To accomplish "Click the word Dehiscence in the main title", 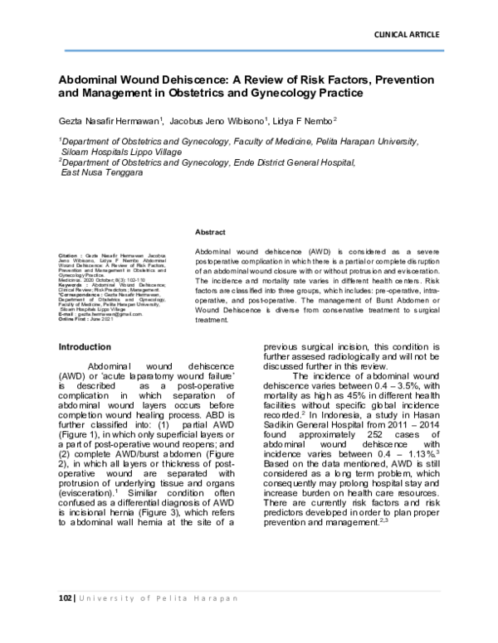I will tap(179, 79).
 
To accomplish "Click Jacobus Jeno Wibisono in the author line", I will tap(219, 121).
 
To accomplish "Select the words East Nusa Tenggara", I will tap(102, 175).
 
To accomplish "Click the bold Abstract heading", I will tap(210, 234).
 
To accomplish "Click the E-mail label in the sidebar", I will tap(68, 314).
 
